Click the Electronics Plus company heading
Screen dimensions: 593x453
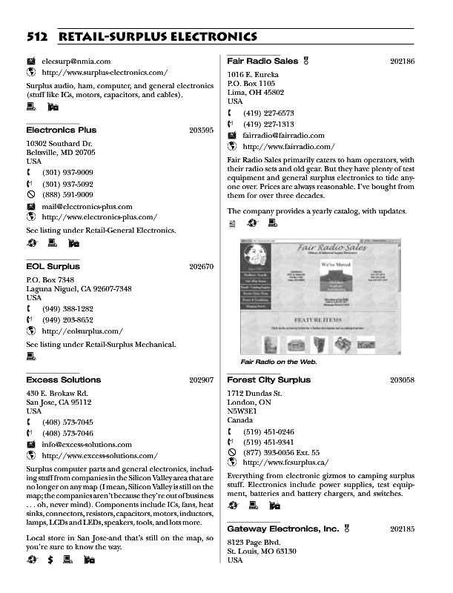61,130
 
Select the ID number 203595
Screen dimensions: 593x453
201,130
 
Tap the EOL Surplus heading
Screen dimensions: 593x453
53,266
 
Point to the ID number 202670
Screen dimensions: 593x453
201,267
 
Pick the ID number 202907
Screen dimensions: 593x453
201,380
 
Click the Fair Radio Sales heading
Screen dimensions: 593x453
262,60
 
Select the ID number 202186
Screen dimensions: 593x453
401,61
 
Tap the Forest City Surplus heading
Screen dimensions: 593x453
268,380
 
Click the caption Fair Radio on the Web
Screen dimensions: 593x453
279,362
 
